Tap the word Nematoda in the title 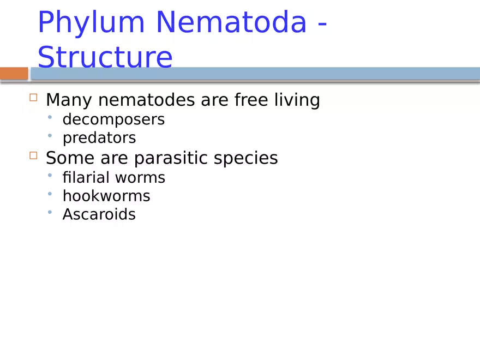click(231, 23)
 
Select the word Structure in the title click(105, 57)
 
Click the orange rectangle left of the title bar click(14, 73)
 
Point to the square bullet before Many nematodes click(33, 98)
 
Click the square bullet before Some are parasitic click(33, 155)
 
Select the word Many click(69, 100)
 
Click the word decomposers click(113, 119)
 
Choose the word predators click(99, 138)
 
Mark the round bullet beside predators click(50, 135)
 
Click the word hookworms click(106, 196)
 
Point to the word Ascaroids click(99, 214)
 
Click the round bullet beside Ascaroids click(50, 212)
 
